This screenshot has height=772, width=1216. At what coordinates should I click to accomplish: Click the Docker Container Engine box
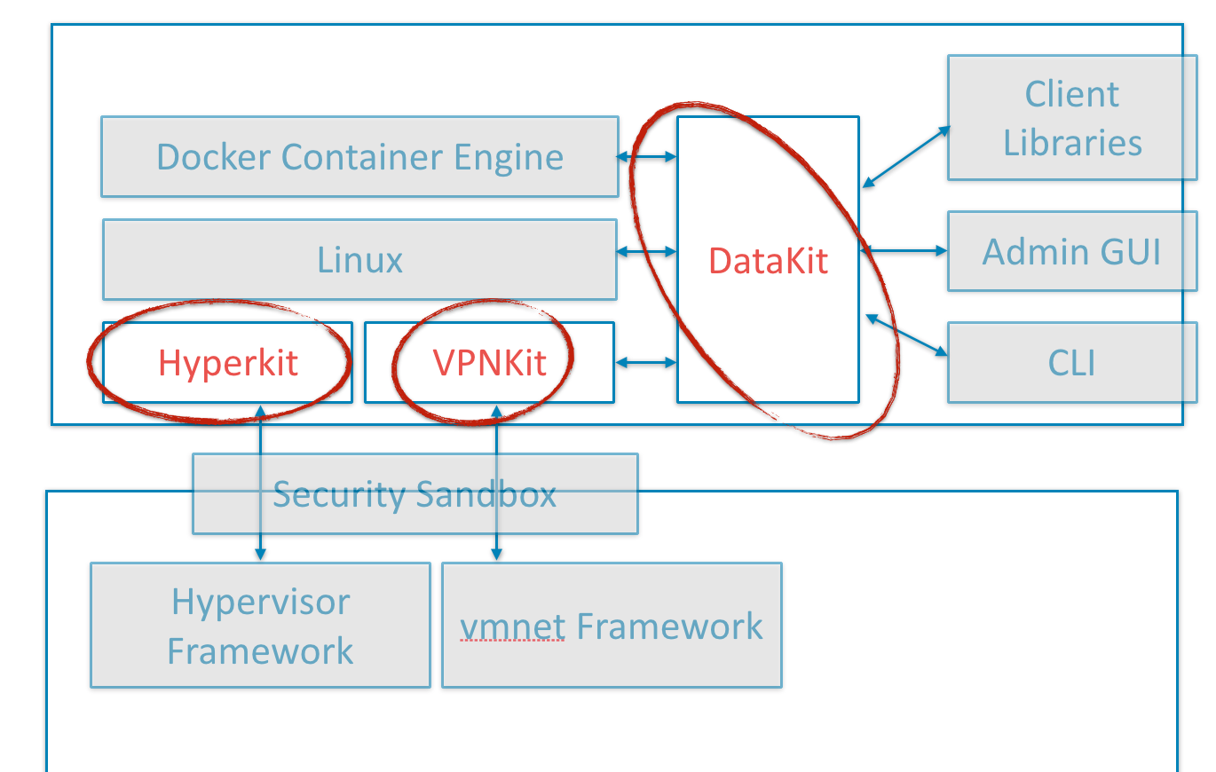pos(359,156)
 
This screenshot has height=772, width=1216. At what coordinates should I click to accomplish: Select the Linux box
pos(359,260)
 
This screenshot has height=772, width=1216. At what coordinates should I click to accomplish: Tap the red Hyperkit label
pos(228,363)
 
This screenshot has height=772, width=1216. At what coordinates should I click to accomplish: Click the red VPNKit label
pos(489,363)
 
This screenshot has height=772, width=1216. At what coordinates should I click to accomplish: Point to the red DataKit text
pos(768,261)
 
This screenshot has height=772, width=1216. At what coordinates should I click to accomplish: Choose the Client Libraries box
pos(1072,118)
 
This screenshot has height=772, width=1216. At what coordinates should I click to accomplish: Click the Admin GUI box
pos(1072,252)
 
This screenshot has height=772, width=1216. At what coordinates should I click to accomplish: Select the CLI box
pos(1072,363)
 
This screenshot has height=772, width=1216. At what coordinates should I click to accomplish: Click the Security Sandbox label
pos(415,494)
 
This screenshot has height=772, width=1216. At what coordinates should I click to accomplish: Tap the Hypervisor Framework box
pos(260,626)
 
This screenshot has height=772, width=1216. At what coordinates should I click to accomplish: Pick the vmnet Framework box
pos(612,626)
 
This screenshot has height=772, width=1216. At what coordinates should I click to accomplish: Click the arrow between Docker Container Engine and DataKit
pos(647,157)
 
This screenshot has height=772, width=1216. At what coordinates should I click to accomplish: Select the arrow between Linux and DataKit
pos(647,252)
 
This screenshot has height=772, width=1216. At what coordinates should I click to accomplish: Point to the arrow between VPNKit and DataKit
pos(646,362)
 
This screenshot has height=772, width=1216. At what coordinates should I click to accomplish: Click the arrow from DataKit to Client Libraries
pos(905,156)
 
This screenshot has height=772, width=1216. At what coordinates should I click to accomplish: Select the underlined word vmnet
pos(512,626)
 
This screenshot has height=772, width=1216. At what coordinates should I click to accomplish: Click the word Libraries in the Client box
pos(1072,143)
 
